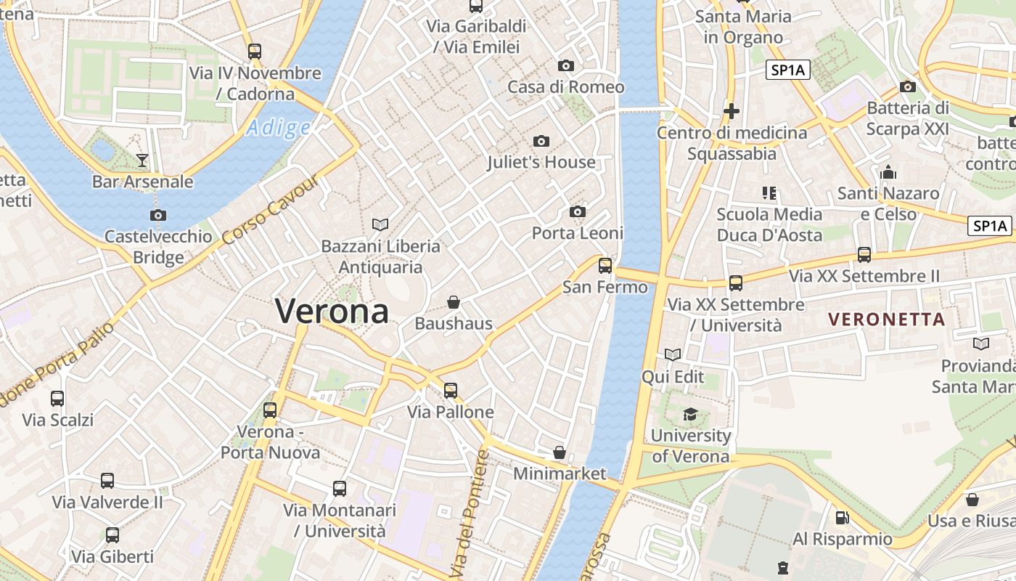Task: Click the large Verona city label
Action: tap(332, 311)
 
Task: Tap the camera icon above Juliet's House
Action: tap(541, 141)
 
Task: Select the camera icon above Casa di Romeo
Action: tap(566, 65)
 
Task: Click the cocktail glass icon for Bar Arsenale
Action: tap(142, 160)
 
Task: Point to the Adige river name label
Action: tap(278, 129)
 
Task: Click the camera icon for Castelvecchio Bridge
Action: tap(157, 215)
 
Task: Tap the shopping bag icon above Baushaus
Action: tap(454, 301)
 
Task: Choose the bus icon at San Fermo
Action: tap(605, 265)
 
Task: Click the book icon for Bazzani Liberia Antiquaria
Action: tap(380, 224)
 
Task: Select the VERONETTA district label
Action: tap(886, 319)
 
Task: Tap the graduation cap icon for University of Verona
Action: tap(689, 414)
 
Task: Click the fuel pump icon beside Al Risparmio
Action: tap(842, 518)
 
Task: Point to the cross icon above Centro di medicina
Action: tap(732, 111)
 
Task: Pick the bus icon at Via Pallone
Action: tap(451, 390)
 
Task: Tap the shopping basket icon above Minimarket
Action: tap(559, 452)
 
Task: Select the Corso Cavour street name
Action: tap(270, 211)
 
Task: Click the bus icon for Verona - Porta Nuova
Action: tap(270, 410)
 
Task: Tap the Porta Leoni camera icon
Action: tap(578, 211)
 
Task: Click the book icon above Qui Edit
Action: tap(673, 354)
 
